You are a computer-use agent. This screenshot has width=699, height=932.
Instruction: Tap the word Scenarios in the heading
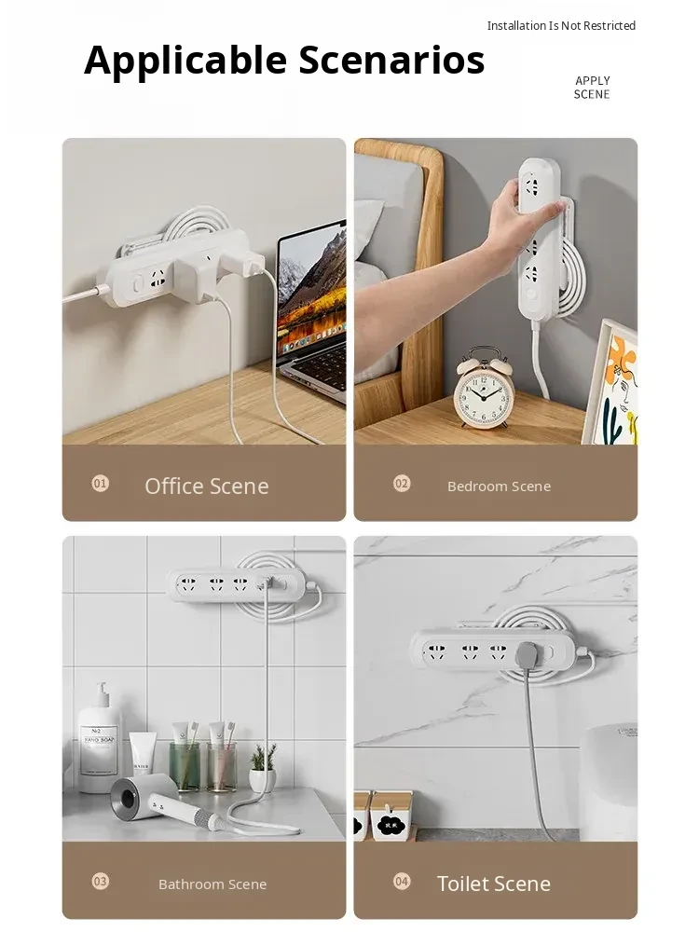[x=391, y=60]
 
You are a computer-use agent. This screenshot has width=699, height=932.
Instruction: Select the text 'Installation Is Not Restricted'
[x=561, y=25]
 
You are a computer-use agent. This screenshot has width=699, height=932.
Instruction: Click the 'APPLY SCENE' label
[x=592, y=88]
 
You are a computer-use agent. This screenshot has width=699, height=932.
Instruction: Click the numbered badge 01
[x=101, y=483]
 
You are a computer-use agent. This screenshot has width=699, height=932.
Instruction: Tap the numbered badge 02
[x=402, y=483]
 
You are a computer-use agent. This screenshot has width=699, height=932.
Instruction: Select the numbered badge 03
[x=101, y=881]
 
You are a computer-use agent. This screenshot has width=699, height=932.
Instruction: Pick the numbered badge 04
[x=402, y=881]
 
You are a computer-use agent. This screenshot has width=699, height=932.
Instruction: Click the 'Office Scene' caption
[x=207, y=487]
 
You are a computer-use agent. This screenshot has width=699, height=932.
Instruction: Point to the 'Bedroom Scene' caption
[x=500, y=487]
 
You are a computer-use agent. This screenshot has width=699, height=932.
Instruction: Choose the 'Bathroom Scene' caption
[x=212, y=884]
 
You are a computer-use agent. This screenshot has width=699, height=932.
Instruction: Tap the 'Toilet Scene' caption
[x=494, y=884]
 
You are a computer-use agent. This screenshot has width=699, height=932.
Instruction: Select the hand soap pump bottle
[x=100, y=740]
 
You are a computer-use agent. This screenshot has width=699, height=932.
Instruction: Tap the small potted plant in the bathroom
[x=262, y=769]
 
